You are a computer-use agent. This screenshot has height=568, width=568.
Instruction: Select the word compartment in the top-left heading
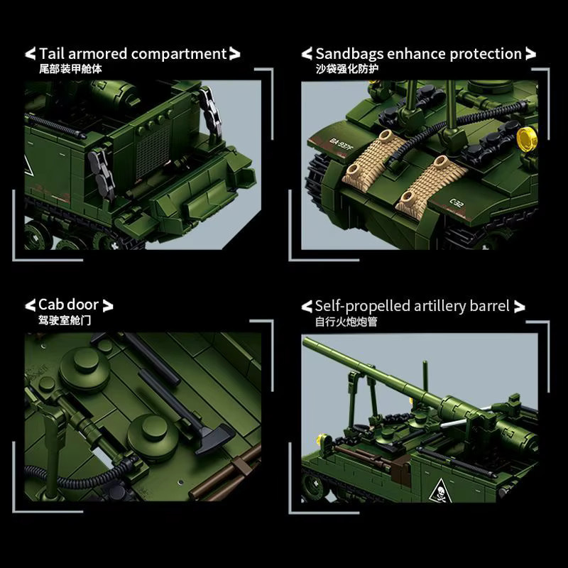(179, 55)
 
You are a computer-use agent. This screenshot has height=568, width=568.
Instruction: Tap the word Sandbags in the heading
(349, 54)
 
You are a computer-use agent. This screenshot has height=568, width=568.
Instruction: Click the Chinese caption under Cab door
(65, 320)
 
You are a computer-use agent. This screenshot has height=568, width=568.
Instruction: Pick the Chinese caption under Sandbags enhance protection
(347, 68)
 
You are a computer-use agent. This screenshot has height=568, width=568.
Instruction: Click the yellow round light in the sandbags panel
(526, 139)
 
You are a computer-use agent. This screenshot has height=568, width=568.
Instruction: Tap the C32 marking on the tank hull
(457, 203)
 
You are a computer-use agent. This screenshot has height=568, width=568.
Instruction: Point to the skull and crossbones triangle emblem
(440, 491)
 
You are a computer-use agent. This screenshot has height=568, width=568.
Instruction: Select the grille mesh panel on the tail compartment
(153, 151)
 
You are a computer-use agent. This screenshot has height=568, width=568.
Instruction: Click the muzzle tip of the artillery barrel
(305, 341)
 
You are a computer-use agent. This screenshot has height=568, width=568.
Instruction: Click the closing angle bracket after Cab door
(108, 305)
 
